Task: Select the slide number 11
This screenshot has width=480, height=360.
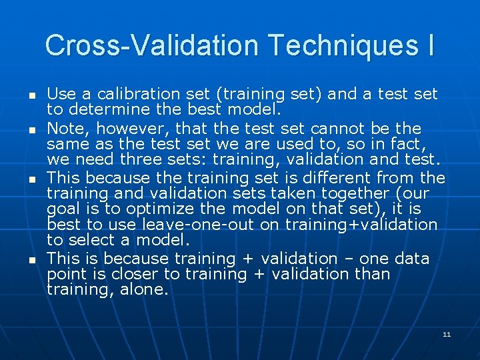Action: (447, 334)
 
